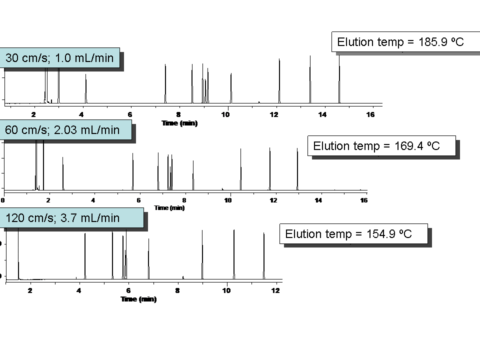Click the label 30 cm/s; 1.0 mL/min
click(x=59, y=58)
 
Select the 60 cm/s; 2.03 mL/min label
click(x=62, y=130)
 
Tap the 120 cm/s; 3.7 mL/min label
click(x=63, y=218)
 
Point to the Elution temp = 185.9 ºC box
click(x=400, y=42)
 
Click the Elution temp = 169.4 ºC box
click(x=376, y=146)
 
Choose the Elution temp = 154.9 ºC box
click(x=348, y=234)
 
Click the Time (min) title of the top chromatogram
click(x=179, y=123)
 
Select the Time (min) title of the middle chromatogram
click(x=169, y=207)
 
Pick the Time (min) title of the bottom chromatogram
click(x=138, y=299)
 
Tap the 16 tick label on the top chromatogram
click(x=370, y=114)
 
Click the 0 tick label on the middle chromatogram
click(x=2, y=200)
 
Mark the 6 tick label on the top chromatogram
click(x=130, y=114)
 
